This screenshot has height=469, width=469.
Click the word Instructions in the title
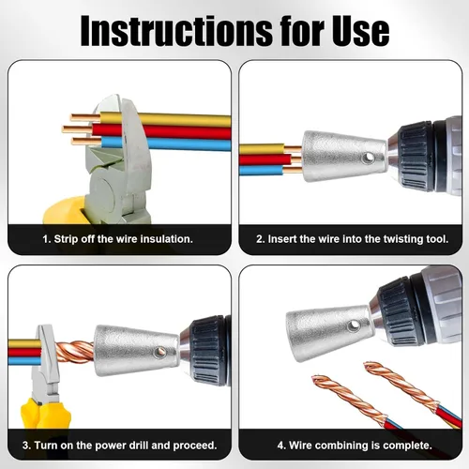pyautogui.click(x=176, y=31)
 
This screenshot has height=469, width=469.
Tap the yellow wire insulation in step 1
pyautogui.click(x=181, y=119)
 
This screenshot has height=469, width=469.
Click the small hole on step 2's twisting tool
pyautogui.click(x=369, y=157)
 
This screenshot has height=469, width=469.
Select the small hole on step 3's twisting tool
pyautogui.click(x=159, y=353)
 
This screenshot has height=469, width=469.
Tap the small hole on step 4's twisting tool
pyautogui.click(x=354, y=325)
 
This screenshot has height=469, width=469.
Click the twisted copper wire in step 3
pyautogui.click(x=75, y=352)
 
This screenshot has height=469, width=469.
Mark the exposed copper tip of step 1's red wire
pyautogui.click(x=78, y=129)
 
